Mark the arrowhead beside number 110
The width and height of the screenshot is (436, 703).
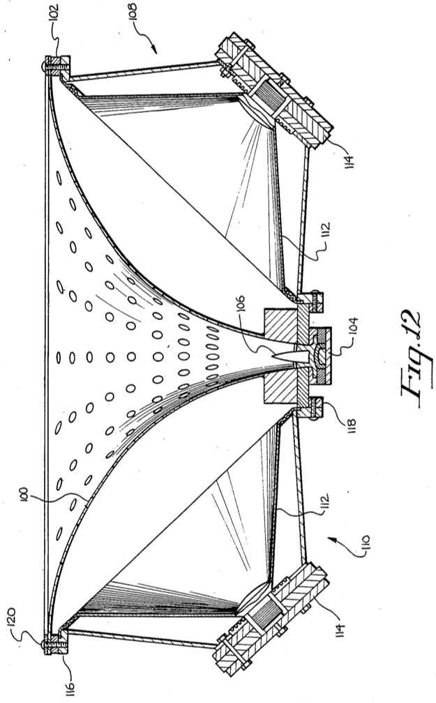tap(332, 539)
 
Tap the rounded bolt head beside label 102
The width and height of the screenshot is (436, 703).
tap(45, 65)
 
